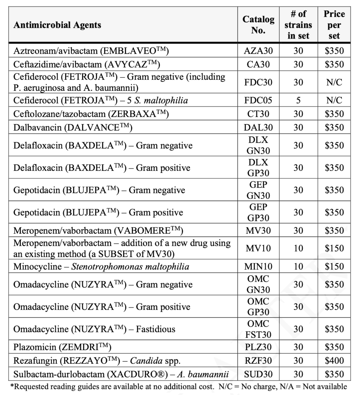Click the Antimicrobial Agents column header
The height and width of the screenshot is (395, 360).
[57, 25]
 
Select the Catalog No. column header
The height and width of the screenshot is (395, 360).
[258, 25]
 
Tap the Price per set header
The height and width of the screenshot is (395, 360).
[334, 25]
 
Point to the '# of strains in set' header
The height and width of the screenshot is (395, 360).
[298, 25]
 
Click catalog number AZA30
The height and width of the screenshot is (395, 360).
[258, 51]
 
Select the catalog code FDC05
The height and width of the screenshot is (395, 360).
[258, 100]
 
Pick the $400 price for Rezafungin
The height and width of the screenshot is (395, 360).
[334, 361]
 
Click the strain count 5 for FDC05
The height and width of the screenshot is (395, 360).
[298, 100]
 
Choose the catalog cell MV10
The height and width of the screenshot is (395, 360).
[258, 248]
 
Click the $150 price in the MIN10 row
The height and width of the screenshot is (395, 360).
[334, 266]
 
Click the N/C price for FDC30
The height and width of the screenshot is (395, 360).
[334, 82]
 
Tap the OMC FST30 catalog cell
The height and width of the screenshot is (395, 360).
[258, 329]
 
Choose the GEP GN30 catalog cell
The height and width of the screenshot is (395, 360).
[258, 190]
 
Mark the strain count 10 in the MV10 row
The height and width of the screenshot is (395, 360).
[298, 248]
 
